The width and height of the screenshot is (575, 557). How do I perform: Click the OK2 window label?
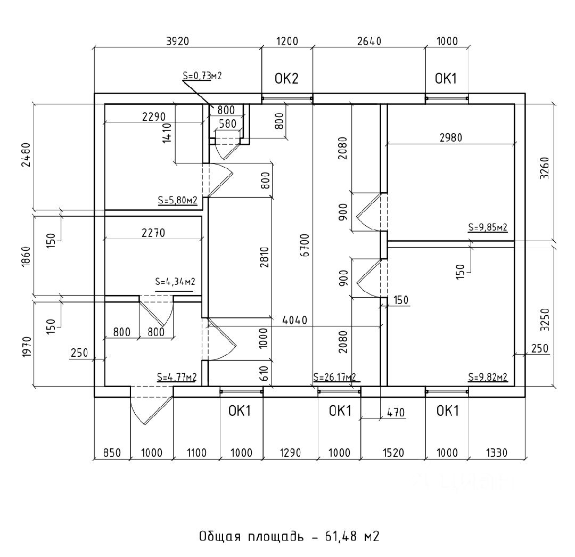pos(286,79)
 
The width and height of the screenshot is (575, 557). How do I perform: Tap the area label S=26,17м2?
pos(334,378)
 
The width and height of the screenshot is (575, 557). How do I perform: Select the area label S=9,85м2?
pos(488,227)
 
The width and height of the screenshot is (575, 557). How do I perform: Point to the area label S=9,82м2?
pos(488,378)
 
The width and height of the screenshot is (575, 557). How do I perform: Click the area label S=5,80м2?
pos(177,201)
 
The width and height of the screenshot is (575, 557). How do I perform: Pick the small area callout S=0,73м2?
pos(202,76)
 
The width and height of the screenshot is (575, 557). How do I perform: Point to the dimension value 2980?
pos(450,137)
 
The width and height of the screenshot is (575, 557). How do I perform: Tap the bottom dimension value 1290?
pos(291,453)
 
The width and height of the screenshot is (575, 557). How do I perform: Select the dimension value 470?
pos(396,412)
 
